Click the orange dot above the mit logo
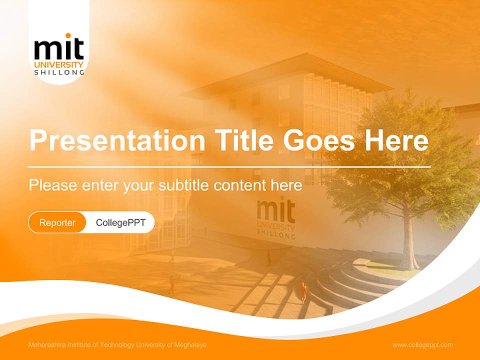tap(68, 35)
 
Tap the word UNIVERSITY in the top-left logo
tap(59, 64)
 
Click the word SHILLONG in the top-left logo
tap(59, 72)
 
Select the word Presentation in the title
tap(117, 140)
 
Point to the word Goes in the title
tap(318, 140)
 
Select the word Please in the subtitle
tap(53, 185)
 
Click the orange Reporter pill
tap(57, 222)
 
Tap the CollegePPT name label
tap(120, 222)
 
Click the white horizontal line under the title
tap(229, 167)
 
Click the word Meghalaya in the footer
tap(190, 345)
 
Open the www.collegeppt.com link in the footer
tap(422, 345)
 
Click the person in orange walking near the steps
tap(303, 291)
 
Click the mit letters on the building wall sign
tap(276, 210)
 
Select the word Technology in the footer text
tap(117, 345)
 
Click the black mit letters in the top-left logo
tap(59, 49)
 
